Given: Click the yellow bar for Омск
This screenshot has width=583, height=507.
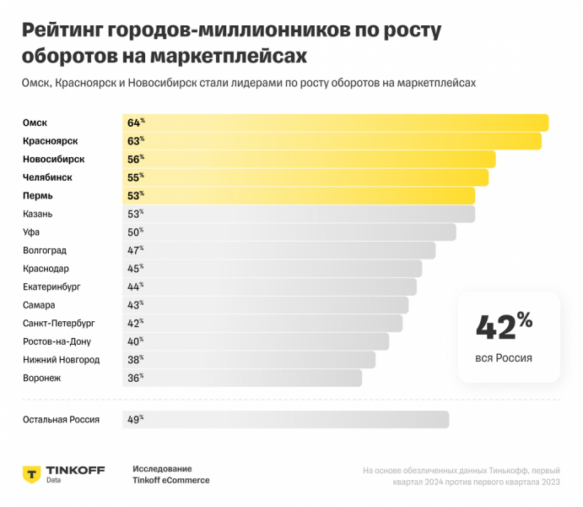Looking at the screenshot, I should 337,123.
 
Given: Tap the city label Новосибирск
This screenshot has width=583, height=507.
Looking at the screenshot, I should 53,159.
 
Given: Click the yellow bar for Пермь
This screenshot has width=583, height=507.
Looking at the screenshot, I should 304,196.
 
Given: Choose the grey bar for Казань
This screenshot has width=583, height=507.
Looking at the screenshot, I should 304,214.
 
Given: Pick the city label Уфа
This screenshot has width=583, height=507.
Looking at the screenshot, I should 31,232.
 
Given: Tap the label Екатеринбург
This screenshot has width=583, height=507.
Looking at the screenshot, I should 51,286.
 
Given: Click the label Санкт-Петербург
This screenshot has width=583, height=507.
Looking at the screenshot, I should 59,323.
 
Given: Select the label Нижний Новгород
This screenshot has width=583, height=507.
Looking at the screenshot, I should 61,360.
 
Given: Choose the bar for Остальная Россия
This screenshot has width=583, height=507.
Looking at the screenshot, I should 287,419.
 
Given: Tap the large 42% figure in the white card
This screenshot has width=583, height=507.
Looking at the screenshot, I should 504,325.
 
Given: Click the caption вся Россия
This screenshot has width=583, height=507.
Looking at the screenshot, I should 504,358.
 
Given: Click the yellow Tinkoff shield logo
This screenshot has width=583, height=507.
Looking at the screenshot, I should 31,473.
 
